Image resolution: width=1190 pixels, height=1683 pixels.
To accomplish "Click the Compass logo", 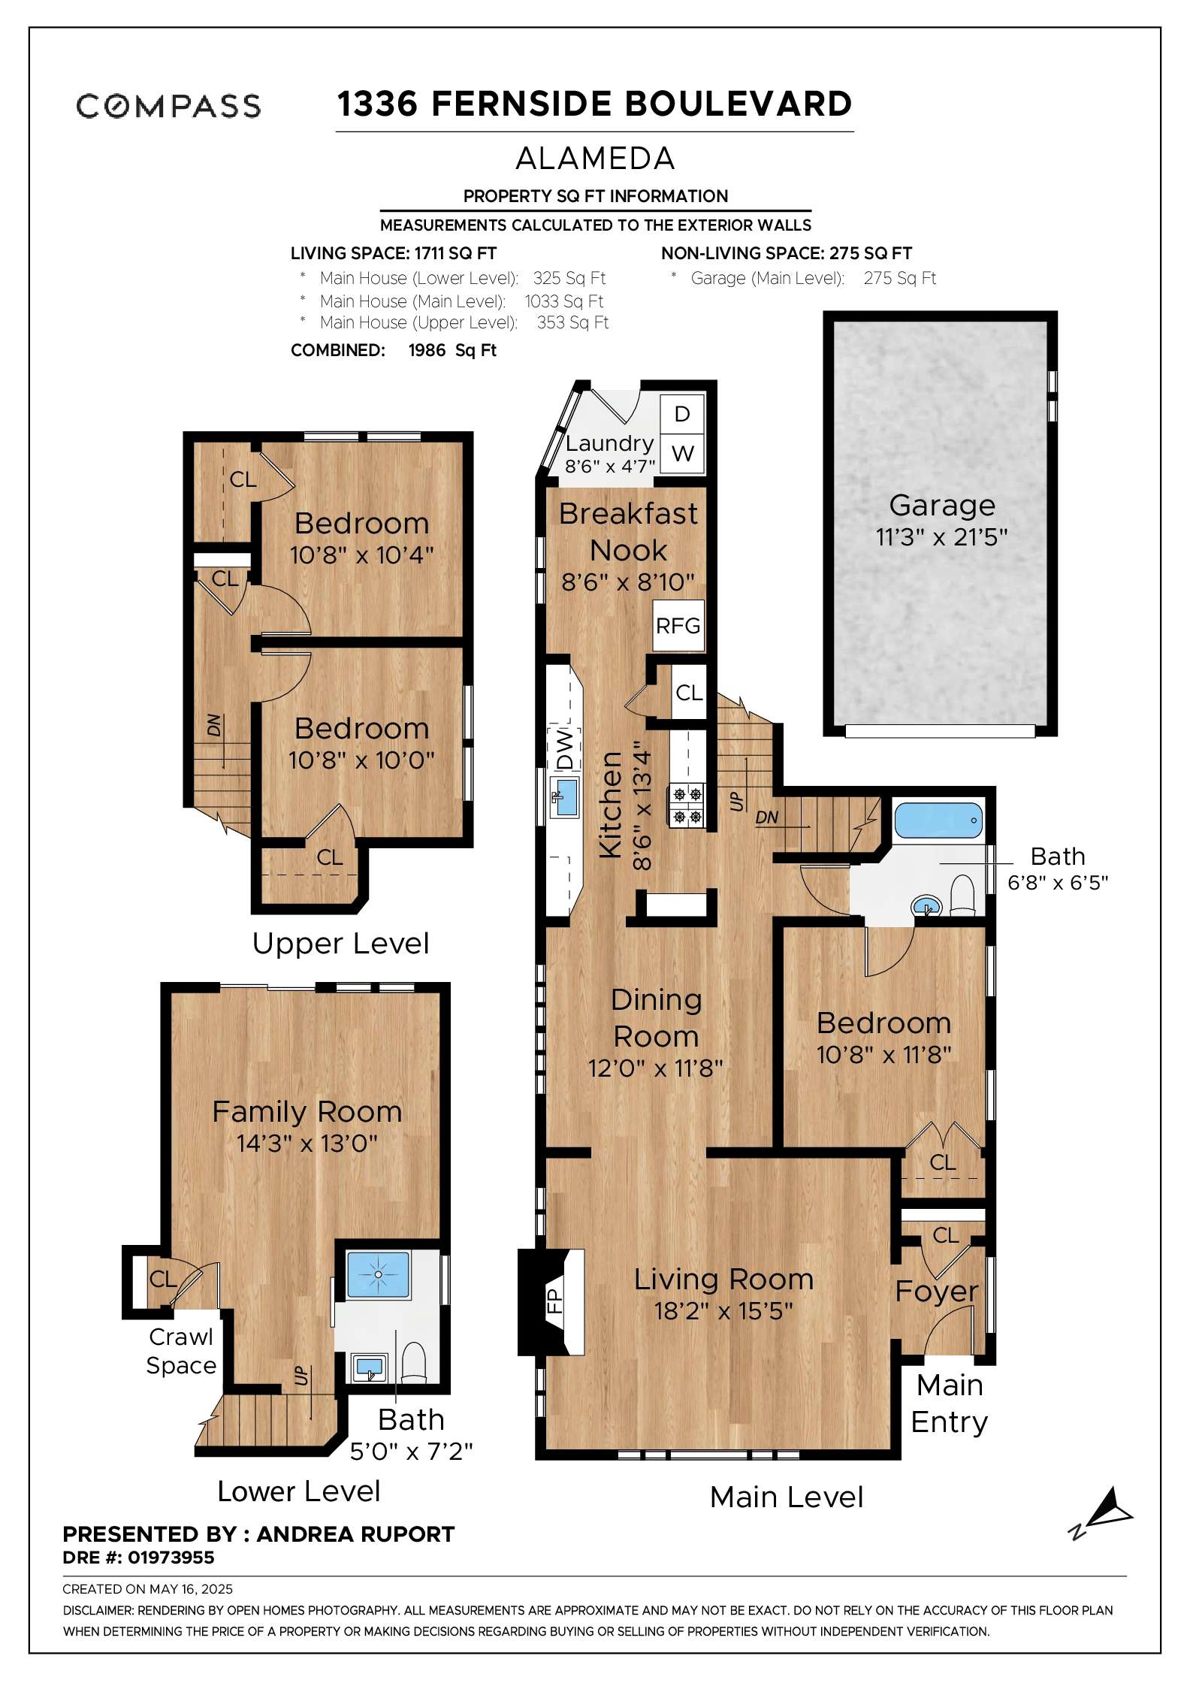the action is (168, 106).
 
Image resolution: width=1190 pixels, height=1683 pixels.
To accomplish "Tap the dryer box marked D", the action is (682, 414).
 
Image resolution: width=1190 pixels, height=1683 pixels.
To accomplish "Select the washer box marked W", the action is (682, 454).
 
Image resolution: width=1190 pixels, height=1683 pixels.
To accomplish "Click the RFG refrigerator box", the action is (678, 625).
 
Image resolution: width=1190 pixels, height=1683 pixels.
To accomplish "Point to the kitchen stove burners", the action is (687, 805).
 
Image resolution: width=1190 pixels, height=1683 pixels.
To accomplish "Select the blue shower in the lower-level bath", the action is (378, 1274).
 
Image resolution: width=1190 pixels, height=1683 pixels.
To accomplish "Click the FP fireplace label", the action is (554, 1300).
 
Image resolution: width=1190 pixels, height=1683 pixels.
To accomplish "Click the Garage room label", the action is (942, 506).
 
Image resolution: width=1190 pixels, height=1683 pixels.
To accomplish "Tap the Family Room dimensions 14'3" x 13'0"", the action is (307, 1144).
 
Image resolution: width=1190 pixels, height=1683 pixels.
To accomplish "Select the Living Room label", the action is (723, 1279).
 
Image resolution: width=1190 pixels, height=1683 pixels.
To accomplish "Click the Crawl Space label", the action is (181, 1351).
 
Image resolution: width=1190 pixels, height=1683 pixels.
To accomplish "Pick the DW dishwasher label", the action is (566, 748).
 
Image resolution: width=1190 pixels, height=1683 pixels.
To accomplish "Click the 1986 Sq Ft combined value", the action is (452, 350).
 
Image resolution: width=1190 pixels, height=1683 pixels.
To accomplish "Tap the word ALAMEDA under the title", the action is (595, 159).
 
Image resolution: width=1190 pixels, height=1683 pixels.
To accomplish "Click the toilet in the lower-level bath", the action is (414, 1362).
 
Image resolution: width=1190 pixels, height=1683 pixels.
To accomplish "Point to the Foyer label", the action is (936, 1291).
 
